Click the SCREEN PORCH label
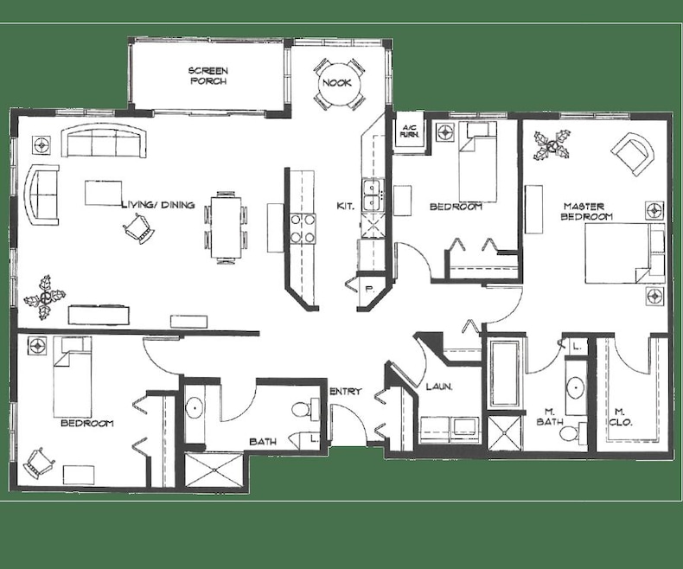pos(208,76)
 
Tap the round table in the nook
pos(336,83)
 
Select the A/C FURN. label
pos(410,131)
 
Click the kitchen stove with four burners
pos(303,228)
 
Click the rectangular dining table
pos(226,227)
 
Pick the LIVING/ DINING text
pos(157,205)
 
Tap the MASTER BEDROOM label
pos(584,211)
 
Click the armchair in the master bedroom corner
pos(633,154)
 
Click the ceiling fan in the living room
pos(44,297)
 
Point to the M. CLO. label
pos(620,417)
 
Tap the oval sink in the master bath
pos(576,386)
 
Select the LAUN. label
pos(438,386)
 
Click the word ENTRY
pos(346,391)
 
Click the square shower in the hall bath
pos(214,470)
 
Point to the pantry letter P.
pos(369,289)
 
